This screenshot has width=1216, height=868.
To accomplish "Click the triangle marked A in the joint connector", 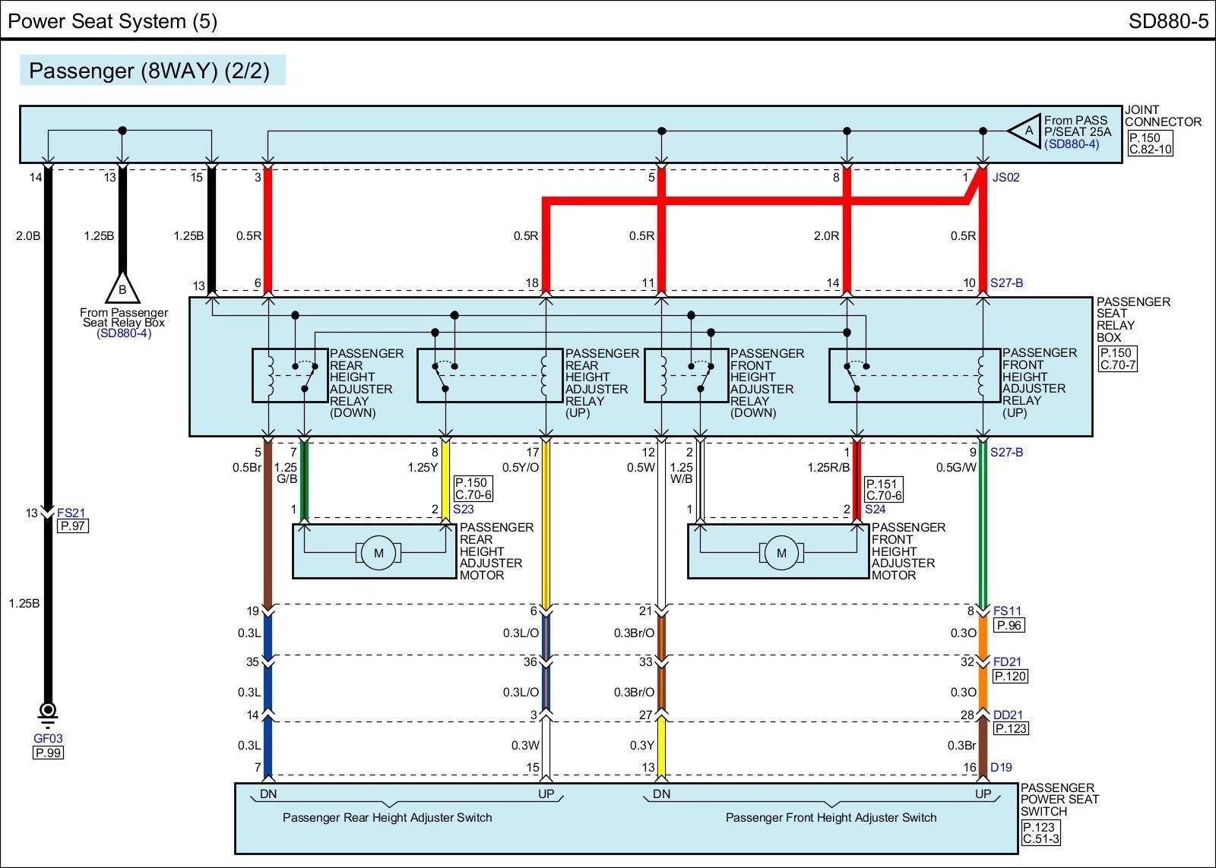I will [x=1027, y=131].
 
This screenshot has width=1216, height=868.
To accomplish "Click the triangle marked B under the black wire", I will [x=122, y=289].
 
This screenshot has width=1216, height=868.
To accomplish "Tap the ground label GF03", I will [x=48, y=738].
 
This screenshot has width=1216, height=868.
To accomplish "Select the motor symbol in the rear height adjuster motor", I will [x=378, y=553].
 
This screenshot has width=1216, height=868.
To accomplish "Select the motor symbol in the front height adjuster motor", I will [x=781, y=553].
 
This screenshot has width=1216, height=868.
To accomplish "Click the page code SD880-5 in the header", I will [x=1167, y=21].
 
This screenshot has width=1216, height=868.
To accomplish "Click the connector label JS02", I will [x=1005, y=178].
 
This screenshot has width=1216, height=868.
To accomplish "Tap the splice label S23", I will [x=463, y=510].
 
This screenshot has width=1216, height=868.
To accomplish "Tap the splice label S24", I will [x=875, y=510].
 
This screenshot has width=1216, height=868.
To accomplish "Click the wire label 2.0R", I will [x=826, y=236].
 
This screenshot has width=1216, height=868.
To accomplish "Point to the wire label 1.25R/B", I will [x=828, y=468].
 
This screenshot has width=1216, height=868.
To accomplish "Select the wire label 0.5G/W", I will [x=956, y=468].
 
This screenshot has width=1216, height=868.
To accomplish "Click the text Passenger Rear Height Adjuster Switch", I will [x=387, y=818].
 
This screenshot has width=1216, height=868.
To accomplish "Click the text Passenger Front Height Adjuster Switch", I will [x=831, y=818].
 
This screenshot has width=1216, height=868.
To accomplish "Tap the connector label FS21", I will [x=71, y=513].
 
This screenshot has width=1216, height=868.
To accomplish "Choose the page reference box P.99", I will [x=48, y=753].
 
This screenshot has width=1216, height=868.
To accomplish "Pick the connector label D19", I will [x=1001, y=768].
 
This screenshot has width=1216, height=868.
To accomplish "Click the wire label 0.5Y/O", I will [x=521, y=468].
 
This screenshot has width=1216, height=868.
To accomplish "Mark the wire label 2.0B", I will [x=27, y=236].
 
